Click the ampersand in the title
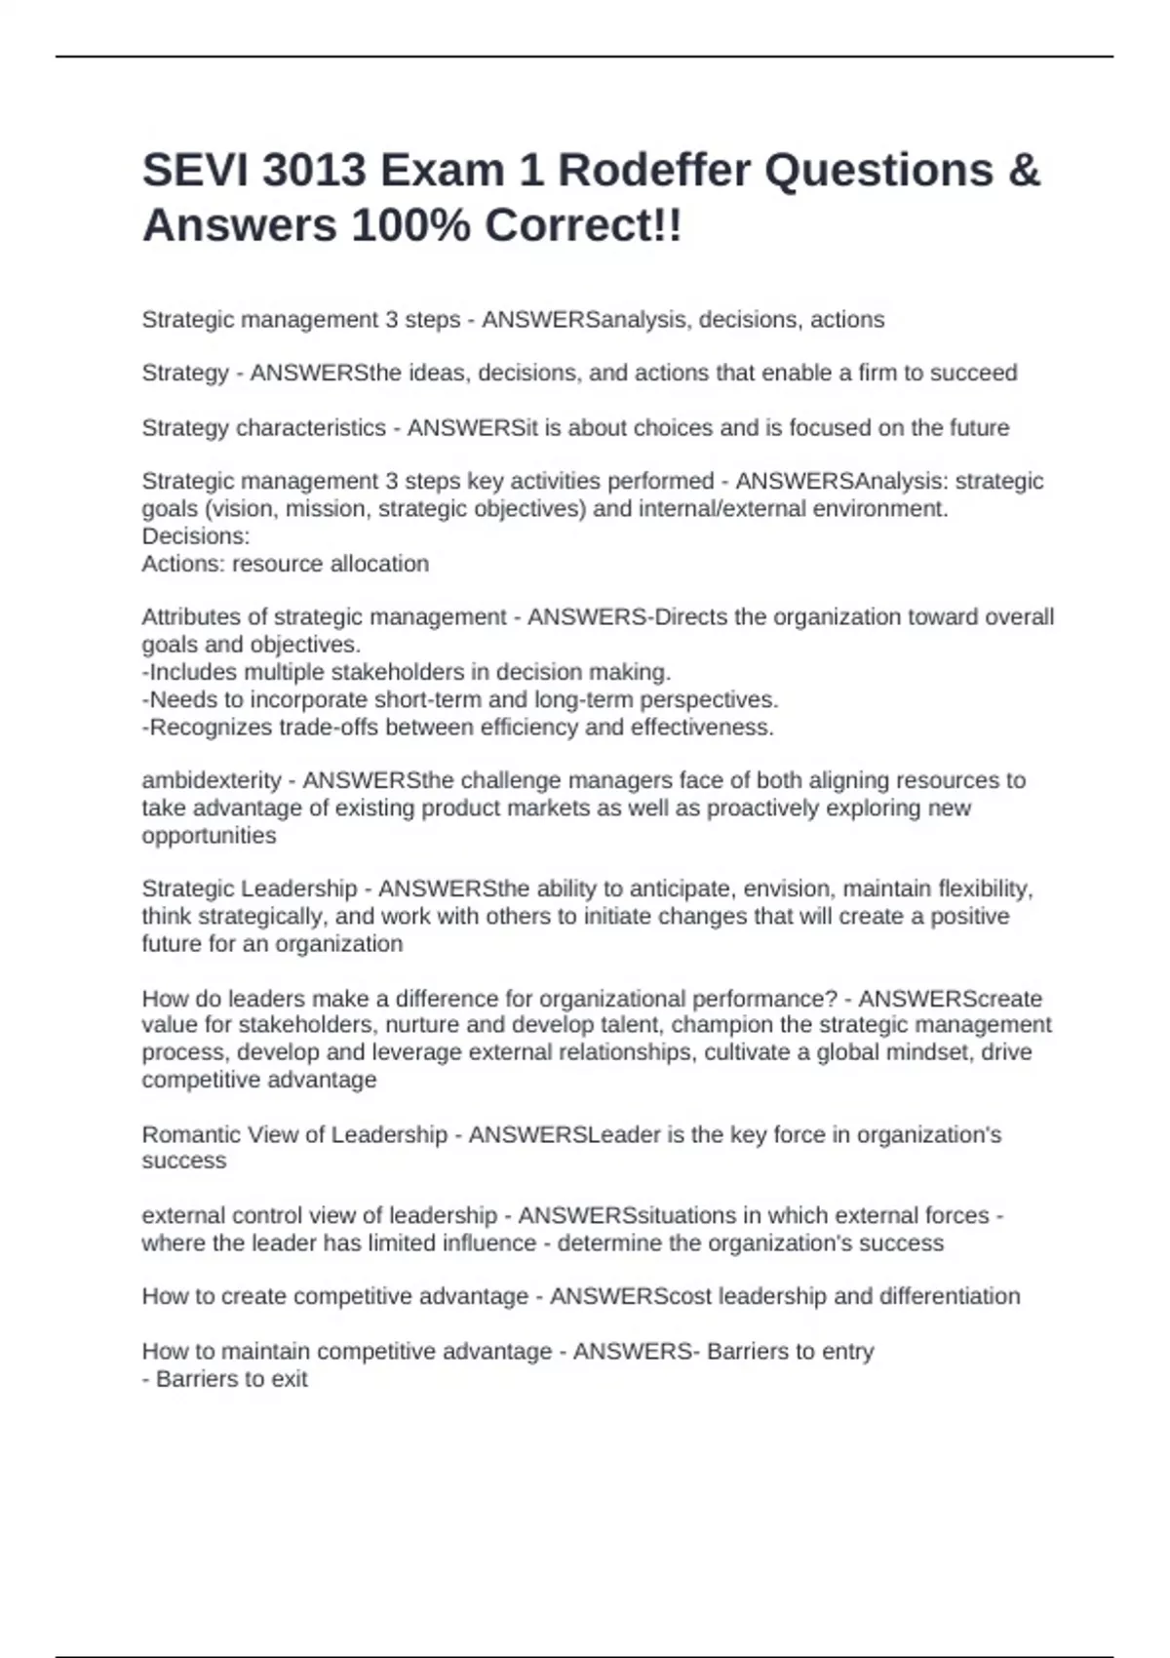click(x=1023, y=171)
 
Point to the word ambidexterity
click(x=212, y=780)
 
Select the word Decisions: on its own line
click(x=196, y=536)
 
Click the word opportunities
click(x=209, y=836)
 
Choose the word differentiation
click(x=950, y=1296)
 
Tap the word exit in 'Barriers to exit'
click(x=290, y=1379)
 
